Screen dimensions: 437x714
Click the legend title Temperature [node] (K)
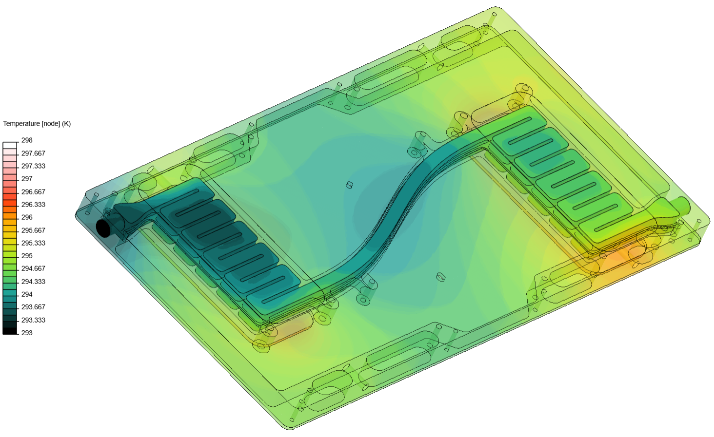click(37, 124)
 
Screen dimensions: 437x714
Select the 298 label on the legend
click(27, 140)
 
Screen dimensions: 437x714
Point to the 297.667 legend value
click(33, 153)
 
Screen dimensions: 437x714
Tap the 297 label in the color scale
click(27, 179)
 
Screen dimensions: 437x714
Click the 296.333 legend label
click(33, 205)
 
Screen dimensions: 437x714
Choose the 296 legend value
click(27, 217)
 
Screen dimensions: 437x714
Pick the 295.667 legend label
click(33, 230)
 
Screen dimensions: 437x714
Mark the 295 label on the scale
click(27, 256)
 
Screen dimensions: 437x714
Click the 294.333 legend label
click(33, 282)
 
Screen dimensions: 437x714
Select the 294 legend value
click(27, 294)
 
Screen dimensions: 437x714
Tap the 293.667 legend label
click(33, 307)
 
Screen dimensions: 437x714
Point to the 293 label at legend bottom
click(27, 333)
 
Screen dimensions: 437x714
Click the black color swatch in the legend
click(10, 331)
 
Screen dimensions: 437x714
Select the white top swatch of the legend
click(10, 145)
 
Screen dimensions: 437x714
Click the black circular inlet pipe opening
click(103, 228)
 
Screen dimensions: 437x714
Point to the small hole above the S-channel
click(349, 185)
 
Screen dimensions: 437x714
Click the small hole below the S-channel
click(440, 277)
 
